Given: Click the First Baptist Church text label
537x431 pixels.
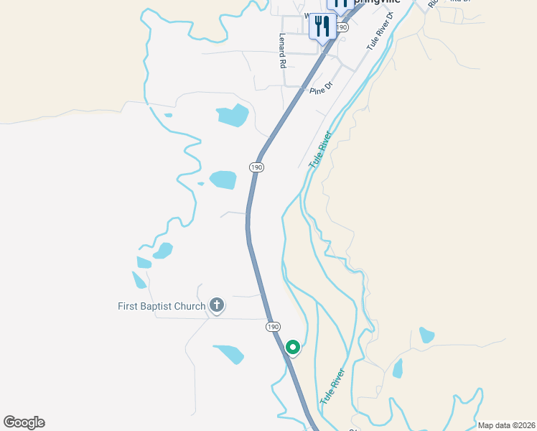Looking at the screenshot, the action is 162,306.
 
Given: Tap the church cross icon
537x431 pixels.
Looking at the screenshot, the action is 216,305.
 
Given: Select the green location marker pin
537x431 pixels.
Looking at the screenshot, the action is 293,347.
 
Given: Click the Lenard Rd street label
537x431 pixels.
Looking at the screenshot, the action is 283,51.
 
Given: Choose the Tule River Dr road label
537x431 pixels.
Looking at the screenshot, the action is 381,30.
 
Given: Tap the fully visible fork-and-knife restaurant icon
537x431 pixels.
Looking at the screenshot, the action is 322,27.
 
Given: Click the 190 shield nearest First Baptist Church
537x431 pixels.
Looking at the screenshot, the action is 273,326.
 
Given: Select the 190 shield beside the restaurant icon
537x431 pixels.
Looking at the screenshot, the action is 342,27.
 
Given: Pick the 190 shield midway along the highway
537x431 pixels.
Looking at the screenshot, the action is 257,167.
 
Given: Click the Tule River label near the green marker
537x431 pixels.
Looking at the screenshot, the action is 333,386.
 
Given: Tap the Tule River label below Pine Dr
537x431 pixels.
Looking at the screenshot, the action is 321,149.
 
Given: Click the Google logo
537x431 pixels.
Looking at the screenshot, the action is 24,422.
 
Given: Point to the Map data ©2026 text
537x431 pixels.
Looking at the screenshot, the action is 506,425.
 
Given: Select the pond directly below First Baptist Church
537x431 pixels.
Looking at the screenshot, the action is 229,353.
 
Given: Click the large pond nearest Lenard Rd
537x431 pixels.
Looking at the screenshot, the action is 233,114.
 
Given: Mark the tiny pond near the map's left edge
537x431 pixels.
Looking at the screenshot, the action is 168,115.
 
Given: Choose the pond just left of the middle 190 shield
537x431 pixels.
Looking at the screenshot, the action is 223,179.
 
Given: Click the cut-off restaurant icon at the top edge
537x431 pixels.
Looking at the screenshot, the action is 339,4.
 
